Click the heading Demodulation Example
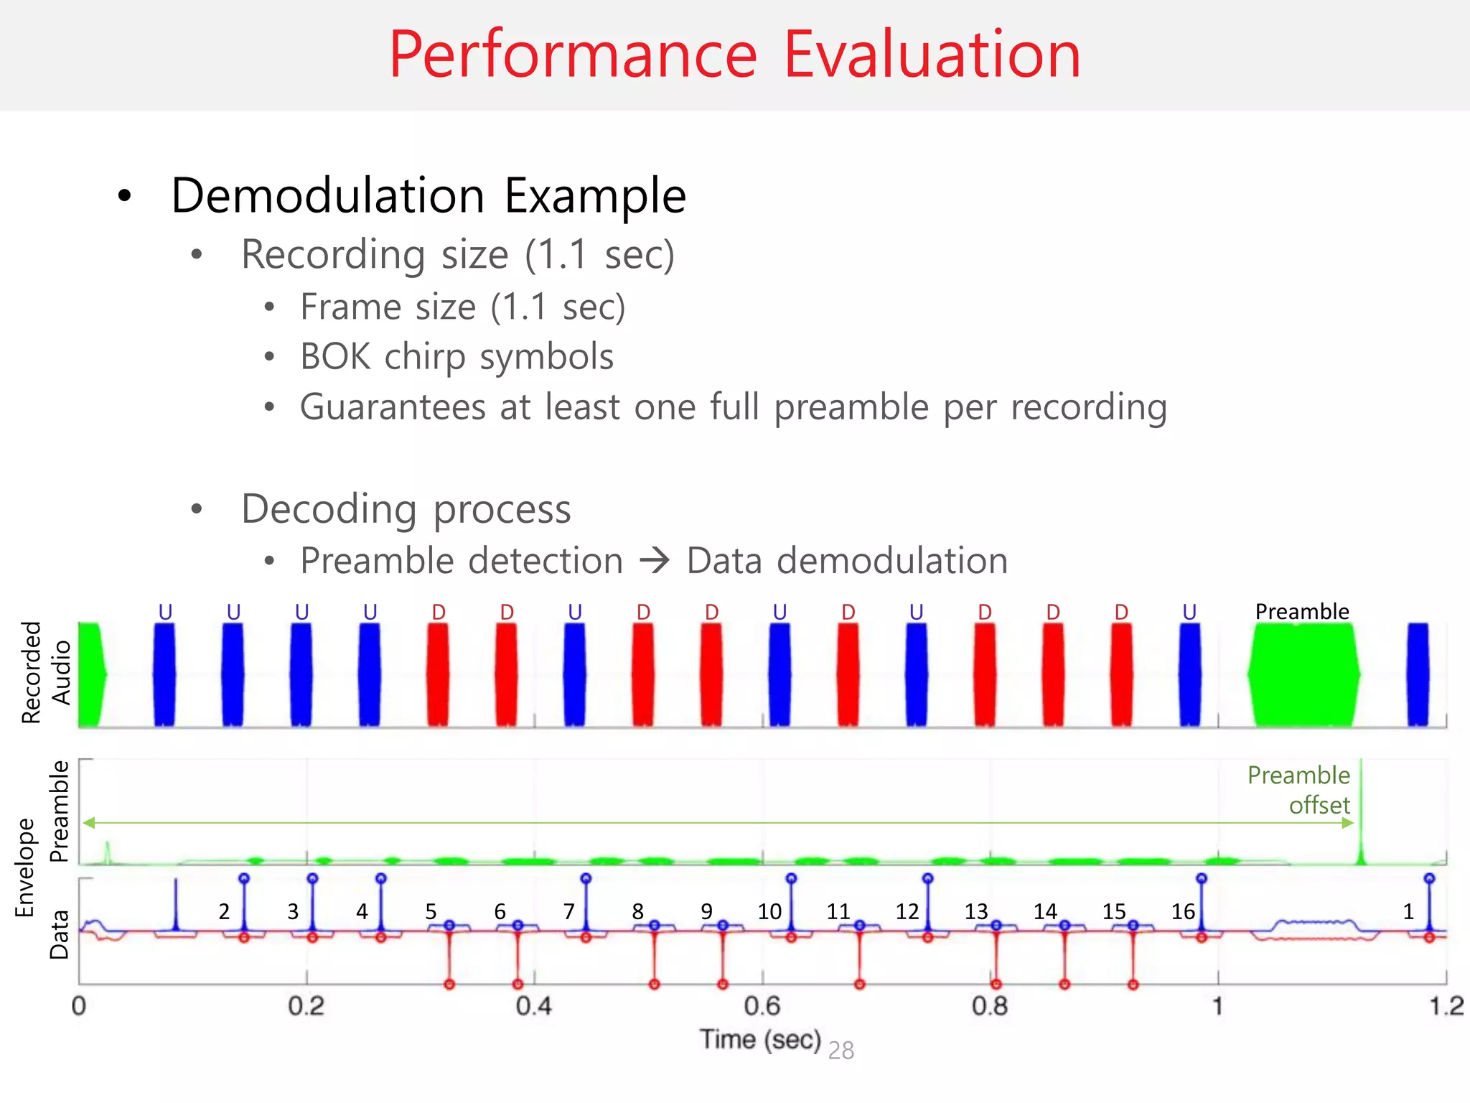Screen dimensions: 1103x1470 pos(429,195)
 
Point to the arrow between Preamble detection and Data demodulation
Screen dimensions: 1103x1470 pos(655,560)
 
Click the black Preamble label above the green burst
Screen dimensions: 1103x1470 pos(1301,612)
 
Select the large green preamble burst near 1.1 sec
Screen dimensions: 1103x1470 pos(1303,675)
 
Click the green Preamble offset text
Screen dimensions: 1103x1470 pos(1300,790)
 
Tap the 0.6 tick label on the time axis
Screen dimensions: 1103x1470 pos(762,1006)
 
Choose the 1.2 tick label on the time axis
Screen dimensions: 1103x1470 pos(1446,1006)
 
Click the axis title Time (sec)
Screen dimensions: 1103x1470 pos(760,1039)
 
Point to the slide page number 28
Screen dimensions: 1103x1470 pos(841,1051)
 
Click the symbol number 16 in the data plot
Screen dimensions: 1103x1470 pos(1183,912)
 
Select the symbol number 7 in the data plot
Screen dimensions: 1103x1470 pos(568,912)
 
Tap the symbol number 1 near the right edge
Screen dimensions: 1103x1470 pos(1408,912)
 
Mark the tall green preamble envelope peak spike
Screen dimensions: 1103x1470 pos(1360,811)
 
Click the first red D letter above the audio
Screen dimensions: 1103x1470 pos(439,613)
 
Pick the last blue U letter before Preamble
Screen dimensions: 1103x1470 pos(1189,613)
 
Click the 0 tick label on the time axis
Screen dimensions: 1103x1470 pos(79,1006)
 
